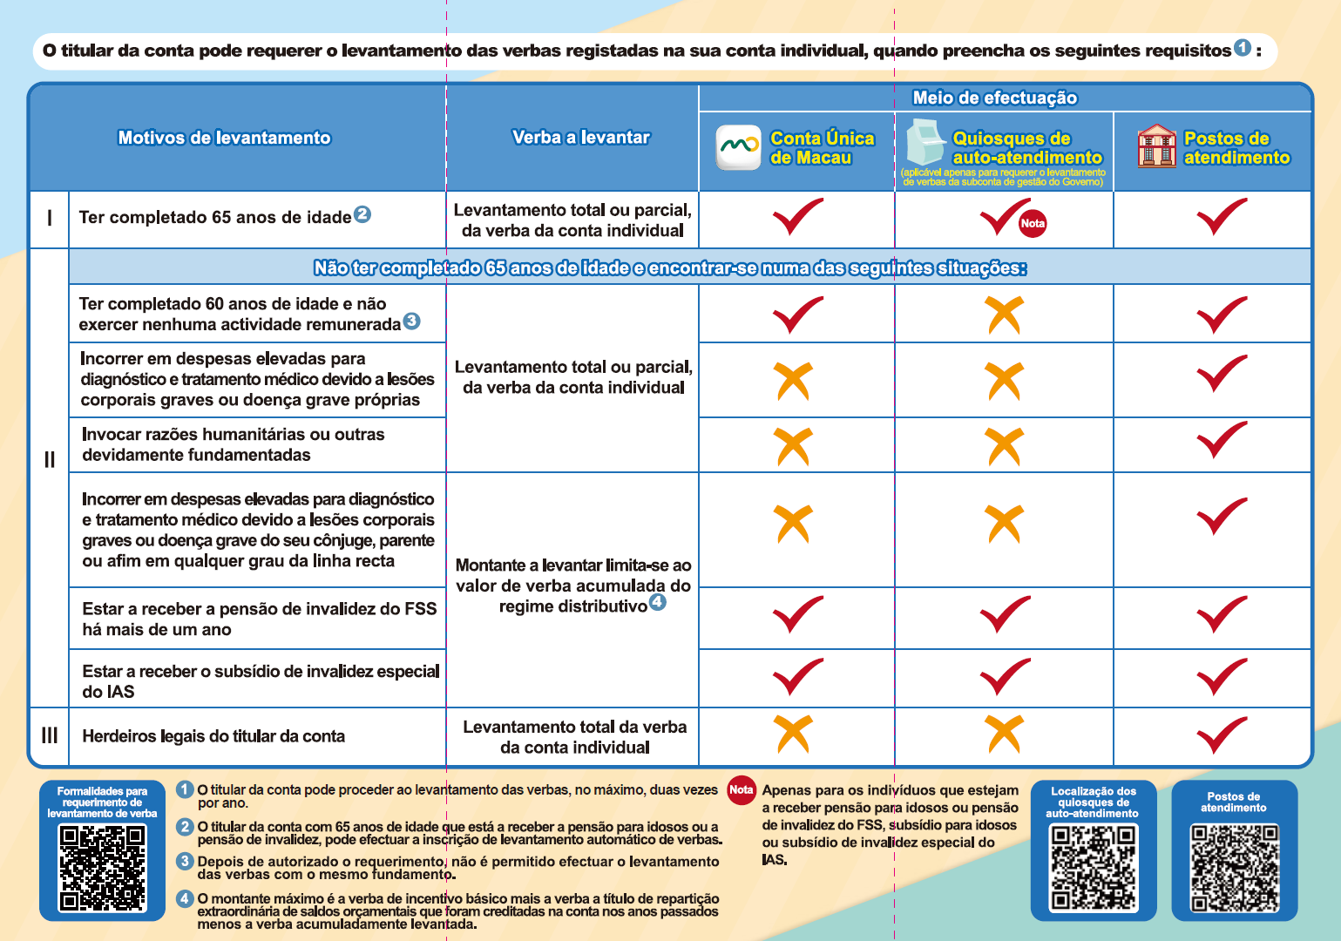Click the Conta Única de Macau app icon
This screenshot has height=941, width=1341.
738,147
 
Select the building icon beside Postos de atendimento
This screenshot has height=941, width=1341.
1156,146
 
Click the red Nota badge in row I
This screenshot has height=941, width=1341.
1033,224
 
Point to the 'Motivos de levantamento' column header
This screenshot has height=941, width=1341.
224,138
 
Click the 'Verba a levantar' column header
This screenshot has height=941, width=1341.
580,137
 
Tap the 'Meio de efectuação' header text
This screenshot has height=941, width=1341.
994,98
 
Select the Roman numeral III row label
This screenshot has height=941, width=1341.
50,735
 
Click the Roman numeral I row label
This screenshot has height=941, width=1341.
50,218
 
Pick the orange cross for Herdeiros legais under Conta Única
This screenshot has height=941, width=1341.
794,734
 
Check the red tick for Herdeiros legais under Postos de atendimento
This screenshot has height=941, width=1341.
1222,735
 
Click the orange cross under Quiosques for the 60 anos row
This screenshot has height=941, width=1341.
1005,315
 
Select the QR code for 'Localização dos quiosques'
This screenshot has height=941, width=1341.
1093,868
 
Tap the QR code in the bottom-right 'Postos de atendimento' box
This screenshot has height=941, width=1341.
1234,868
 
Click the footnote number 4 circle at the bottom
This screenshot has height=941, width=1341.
185,898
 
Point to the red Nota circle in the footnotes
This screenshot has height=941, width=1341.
741,789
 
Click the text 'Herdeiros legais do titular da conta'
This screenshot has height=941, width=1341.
213,736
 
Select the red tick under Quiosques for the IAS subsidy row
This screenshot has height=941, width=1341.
1005,677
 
